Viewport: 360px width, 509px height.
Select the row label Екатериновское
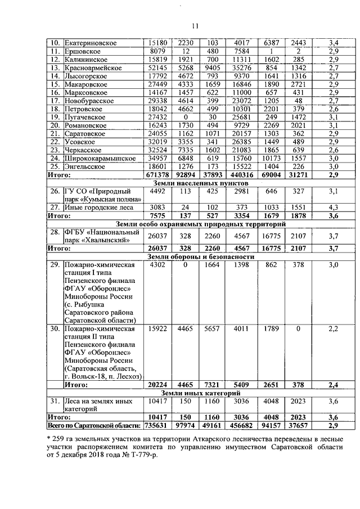pos(91,43)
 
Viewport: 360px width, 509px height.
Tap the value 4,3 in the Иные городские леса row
pos(334,208)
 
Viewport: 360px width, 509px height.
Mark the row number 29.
pos(55,265)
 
